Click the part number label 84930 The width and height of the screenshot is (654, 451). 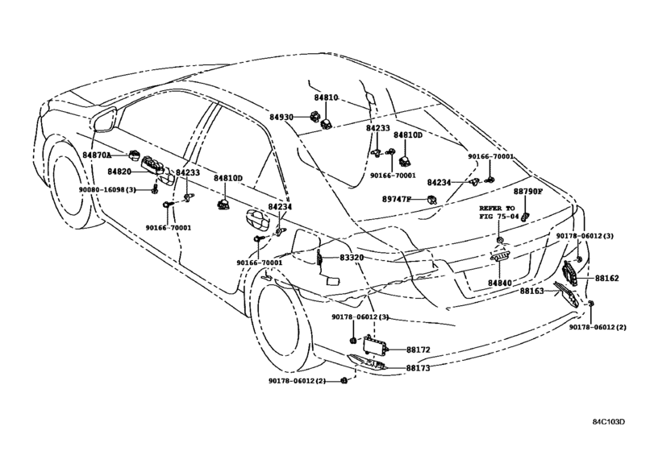(x=281, y=118)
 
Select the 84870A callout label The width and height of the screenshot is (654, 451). (x=97, y=155)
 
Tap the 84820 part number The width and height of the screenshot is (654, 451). (x=119, y=172)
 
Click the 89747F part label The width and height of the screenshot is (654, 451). (x=396, y=199)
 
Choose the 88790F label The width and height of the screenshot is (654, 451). (x=527, y=191)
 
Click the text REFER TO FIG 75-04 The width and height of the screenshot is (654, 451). (x=499, y=212)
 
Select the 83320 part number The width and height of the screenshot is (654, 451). (x=352, y=258)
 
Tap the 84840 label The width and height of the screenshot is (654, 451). (x=500, y=283)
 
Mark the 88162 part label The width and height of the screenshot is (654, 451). (x=607, y=278)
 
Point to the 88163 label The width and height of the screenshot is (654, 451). (x=531, y=291)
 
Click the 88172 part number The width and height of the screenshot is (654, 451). (x=418, y=350)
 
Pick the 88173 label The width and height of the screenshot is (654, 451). (x=418, y=368)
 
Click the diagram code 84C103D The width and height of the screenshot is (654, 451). (x=610, y=422)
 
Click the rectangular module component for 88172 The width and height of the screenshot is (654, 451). (x=375, y=344)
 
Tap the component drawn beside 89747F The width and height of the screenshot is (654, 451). (x=431, y=200)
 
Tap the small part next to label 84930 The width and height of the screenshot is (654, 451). (x=314, y=117)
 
